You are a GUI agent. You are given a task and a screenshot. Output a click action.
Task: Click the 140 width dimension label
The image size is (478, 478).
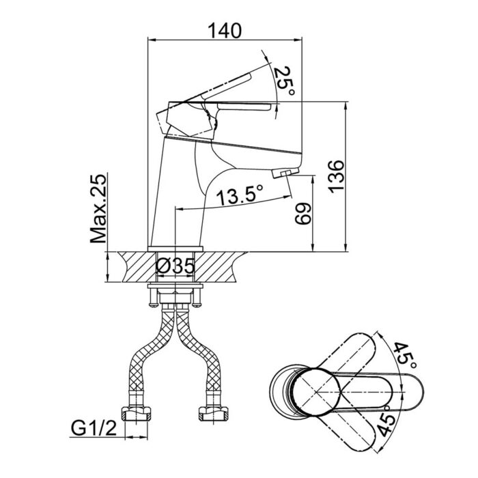click(x=225, y=31)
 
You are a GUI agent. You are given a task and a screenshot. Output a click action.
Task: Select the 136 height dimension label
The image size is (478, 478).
click(x=336, y=176)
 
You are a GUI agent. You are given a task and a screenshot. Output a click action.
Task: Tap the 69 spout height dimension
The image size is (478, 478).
click(x=303, y=214)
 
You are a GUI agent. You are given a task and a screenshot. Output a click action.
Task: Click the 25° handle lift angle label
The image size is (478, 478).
click(x=284, y=81)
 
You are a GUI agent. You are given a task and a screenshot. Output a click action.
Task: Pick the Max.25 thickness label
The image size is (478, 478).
click(x=98, y=209)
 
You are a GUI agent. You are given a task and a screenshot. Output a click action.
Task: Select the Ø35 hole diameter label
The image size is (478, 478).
click(x=175, y=266)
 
